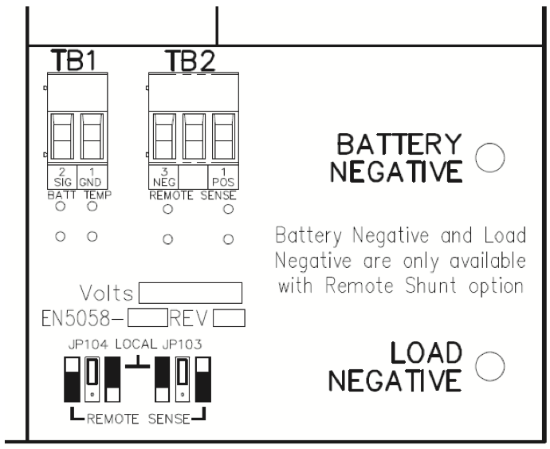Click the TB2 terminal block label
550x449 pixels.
pyautogui.click(x=190, y=61)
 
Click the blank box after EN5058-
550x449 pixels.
pyautogui.click(x=146, y=319)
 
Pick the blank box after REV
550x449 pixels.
pyautogui.click(x=228, y=319)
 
